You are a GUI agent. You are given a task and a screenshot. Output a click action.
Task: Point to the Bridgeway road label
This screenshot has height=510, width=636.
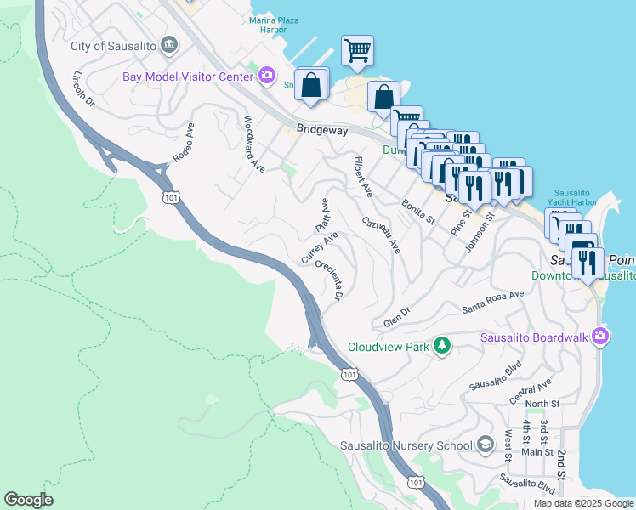pyautogui.click(x=321, y=130)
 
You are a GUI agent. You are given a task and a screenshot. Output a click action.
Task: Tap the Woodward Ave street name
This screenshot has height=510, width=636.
pyautogui.click(x=254, y=144)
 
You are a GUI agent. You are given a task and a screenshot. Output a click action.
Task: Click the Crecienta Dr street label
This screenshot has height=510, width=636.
pyautogui.click(x=328, y=280)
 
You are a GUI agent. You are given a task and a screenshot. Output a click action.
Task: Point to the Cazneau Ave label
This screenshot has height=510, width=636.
pyautogui.click(x=381, y=234)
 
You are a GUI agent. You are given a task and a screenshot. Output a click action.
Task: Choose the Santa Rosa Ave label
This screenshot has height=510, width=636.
pyautogui.click(x=493, y=302)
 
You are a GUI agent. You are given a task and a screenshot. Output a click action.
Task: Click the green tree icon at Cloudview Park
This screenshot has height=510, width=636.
pyautogui.click(x=441, y=345)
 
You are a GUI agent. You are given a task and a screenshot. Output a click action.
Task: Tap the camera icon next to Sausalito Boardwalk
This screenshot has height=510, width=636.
pyautogui.click(x=601, y=336)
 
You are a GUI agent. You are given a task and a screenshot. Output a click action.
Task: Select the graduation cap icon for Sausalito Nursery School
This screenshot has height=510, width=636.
pyautogui.click(x=485, y=445)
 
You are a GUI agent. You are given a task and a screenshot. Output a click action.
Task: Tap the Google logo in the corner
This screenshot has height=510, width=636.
pyautogui.click(x=28, y=500)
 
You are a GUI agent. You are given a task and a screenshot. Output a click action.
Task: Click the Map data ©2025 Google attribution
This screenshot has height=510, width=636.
pyautogui.click(x=583, y=503)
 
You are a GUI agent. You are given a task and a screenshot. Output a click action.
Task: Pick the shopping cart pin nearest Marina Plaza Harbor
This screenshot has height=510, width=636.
pyautogui.click(x=357, y=50)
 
